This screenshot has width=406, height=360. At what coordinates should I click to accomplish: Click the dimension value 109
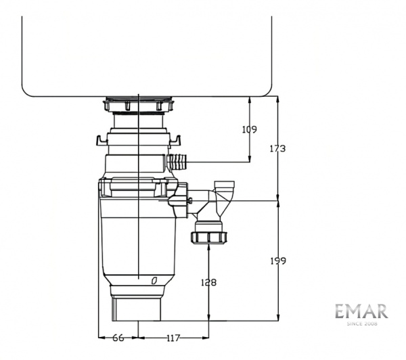250,129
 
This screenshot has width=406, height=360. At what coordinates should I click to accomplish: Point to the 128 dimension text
209,283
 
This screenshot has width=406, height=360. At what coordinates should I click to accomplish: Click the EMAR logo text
361,312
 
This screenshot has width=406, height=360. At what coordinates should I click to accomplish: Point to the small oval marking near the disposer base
154,279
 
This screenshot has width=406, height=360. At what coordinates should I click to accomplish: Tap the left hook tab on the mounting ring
101,141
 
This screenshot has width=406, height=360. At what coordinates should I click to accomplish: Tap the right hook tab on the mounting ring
178,140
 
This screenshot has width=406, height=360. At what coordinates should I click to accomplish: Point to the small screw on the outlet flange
194,200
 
